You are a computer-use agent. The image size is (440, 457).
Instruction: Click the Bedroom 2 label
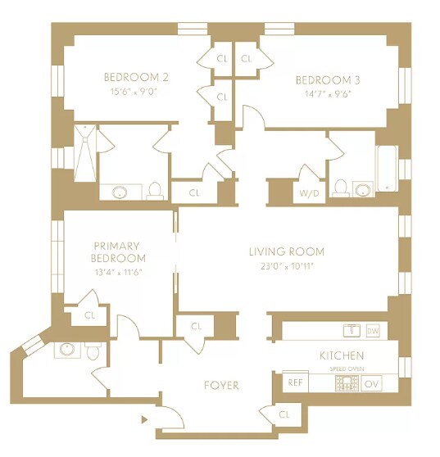136,77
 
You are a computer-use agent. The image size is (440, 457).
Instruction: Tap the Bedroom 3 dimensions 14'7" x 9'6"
328,94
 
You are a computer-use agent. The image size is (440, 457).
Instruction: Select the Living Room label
287,251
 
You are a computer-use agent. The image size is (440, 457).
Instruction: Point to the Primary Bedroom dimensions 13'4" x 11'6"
118,273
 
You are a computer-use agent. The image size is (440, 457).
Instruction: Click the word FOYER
221,385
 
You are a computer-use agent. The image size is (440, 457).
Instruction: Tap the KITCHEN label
342,355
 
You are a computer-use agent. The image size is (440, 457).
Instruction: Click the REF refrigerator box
295,382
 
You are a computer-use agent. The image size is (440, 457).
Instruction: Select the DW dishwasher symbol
373,331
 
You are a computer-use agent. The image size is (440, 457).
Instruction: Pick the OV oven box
371,384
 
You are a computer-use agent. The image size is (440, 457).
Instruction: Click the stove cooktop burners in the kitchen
347,383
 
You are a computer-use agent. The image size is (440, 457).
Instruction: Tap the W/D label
309,193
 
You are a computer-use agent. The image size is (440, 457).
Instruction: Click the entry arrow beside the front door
144,419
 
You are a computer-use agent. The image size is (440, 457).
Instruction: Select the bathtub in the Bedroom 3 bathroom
387,169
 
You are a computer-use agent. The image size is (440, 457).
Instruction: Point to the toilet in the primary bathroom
93,351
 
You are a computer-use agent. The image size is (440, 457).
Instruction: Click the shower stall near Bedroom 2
84,153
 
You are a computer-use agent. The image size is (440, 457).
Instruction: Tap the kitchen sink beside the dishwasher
352,330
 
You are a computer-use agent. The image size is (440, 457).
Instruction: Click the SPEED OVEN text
347,369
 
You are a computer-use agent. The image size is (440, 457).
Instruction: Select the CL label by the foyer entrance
284,414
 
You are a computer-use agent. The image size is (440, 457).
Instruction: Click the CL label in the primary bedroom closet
90,315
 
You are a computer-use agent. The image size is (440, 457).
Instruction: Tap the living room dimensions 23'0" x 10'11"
287,266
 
